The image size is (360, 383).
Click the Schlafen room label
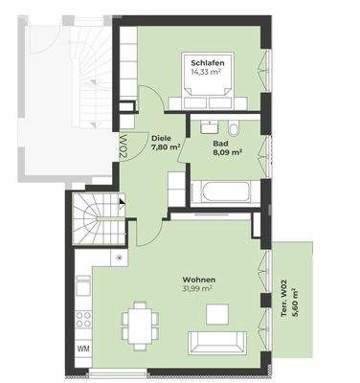207,60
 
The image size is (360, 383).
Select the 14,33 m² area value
207,71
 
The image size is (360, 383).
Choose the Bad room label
220,142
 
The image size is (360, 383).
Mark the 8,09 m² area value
226,151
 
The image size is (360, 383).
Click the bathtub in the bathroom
221,192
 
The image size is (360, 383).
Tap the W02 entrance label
124,149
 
